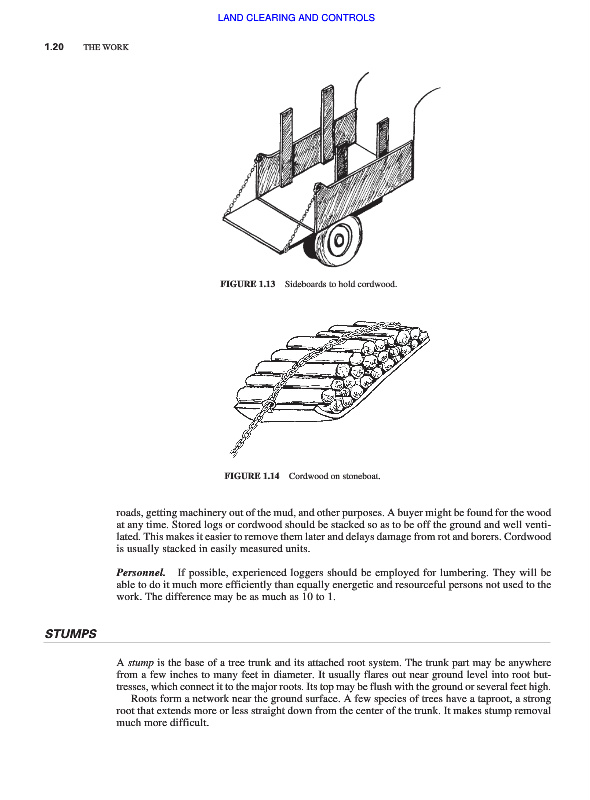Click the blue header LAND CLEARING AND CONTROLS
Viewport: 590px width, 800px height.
pyautogui.click(x=296, y=18)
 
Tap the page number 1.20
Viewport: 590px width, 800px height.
pyautogui.click(x=54, y=47)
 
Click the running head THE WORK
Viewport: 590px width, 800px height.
pyautogui.click(x=106, y=47)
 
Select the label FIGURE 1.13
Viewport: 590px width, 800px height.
pyautogui.click(x=248, y=284)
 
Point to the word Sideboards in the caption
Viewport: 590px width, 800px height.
pyautogui.click(x=305, y=284)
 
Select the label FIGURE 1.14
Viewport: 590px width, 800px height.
pyautogui.click(x=252, y=476)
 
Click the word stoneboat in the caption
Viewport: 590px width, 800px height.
pyautogui.click(x=360, y=476)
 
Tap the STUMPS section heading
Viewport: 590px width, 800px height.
pyautogui.click(x=70, y=634)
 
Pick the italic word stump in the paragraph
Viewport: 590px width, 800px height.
pyautogui.click(x=140, y=663)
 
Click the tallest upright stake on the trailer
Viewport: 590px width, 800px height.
pyautogui.click(x=327, y=124)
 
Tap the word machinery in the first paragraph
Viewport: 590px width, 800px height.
pyautogui.click(x=200, y=513)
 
